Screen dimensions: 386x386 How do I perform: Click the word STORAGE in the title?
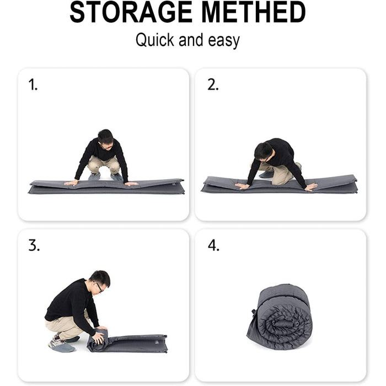point(131,12)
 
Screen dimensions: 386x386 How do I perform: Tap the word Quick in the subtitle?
point(155,40)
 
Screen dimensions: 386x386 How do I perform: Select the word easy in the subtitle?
point(224,41)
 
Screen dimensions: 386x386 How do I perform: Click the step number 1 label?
point(33,85)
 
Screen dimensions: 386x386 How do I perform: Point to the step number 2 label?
point(213,85)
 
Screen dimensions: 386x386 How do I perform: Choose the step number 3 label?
point(34,245)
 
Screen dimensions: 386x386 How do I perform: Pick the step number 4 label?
point(213,245)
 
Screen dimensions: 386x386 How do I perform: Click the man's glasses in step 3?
point(99,287)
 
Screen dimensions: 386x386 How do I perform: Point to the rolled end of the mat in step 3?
point(97,340)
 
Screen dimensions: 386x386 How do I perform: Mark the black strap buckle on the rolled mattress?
point(253,313)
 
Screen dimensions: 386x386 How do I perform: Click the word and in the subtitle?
point(191,40)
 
